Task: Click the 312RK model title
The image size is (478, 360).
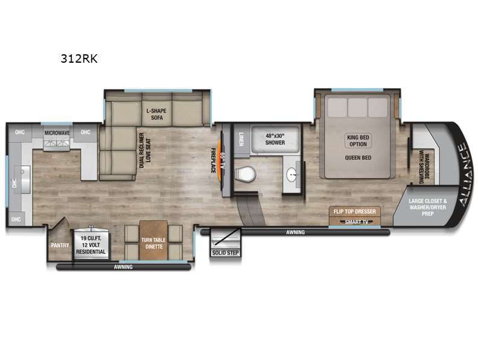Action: click(x=79, y=58)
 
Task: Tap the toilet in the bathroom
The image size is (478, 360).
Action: click(x=246, y=174)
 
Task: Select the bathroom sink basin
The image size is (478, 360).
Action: click(x=292, y=175)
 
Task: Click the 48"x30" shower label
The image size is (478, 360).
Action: click(x=275, y=139)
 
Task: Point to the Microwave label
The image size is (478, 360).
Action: click(x=57, y=133)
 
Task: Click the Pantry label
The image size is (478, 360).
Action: click(x=60, y=245)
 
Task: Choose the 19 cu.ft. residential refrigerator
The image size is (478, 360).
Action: click(x=91, y=244)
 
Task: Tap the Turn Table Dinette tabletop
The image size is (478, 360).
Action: click(x=153, y=241)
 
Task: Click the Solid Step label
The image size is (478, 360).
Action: click(x=226, y=253)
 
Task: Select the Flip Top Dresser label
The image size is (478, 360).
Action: click(x=354, y=212)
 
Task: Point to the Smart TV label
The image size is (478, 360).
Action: click(x=356, y=222)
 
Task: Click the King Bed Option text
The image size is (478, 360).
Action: click(x=358, y=141)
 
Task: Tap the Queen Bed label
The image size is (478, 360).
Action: click(x=358, y=158)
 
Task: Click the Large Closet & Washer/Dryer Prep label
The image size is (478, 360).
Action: click(x=428, y=207)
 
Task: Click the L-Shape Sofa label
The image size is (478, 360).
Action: click(x=157, y=114)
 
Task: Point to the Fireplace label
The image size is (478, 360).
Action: click(x=214, y=160)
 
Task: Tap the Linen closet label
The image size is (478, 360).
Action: click(x=241, y=139)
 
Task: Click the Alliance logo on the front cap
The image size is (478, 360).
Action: click(x=465, y=174)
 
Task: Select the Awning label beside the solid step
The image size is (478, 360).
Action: click(x=295, y=232)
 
